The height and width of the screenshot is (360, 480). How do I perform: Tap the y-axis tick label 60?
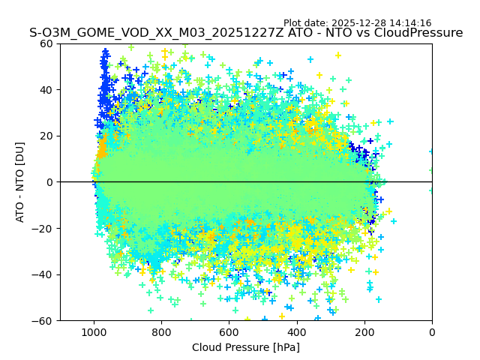pyautogui.click(x=46, y=43)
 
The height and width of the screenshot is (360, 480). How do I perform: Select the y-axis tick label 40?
pyautogui.click(x=46, y=90)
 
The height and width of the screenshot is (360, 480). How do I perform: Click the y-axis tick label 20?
pyautogui.click(x=46, y=136)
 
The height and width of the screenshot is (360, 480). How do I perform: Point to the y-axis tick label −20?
pyautogui.click(x=43, y=228)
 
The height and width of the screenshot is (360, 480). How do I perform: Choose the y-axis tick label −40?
pyautogui.click(x=43, y=274)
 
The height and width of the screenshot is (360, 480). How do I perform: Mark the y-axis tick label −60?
pyautogui.click(x=43, y=321)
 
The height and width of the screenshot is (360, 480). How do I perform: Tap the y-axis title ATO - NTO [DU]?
pyautogui.click(x=20, y=182)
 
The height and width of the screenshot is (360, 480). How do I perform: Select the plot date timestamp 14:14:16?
pyautogui.click(x=412, y=23)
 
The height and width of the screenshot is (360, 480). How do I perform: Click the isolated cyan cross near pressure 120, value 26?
pyautogui.click(x=390, y=121)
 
